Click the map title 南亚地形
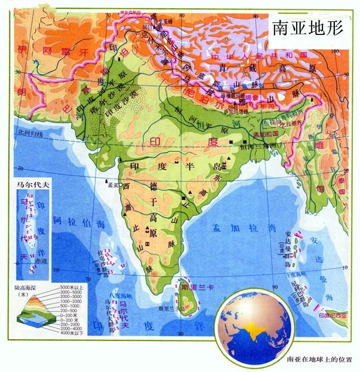tap(308, 27)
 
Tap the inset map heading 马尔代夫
tap(32, 184)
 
